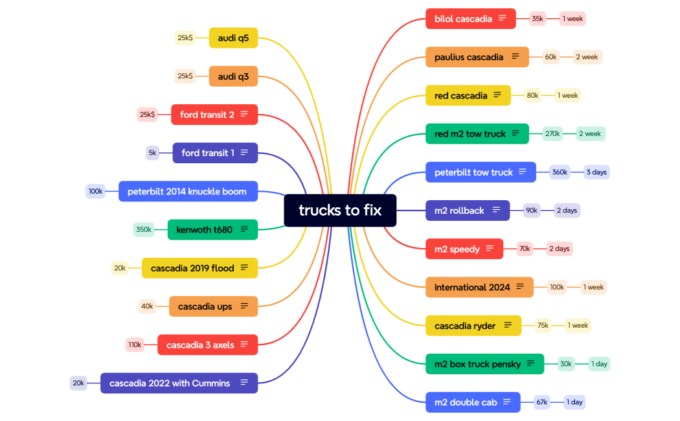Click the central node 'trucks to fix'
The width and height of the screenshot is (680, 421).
(x=340, y=210)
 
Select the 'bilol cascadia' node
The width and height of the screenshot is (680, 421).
(x=464, y=19)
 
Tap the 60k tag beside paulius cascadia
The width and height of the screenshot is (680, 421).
(x=550, y=57)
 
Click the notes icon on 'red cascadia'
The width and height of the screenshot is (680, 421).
(x=497, y=95)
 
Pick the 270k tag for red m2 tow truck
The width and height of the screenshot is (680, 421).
(x=552, y=134)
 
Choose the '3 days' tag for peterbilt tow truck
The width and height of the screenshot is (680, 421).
(x=596, y=172)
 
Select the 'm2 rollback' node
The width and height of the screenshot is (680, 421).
(x=460, y=210)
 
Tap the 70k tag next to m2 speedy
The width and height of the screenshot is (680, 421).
(x=525, y=249)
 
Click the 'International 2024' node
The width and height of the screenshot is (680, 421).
(x=472, y=287)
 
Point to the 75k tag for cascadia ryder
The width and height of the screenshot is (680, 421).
(x=543, y=326)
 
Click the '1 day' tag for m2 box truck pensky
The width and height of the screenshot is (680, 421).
(x=599, y=364)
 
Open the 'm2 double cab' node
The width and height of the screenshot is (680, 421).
(x=466, y=402)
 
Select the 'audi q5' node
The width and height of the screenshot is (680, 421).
(x=233, y=38)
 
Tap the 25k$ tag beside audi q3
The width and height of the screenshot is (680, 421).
(x=185, y=76)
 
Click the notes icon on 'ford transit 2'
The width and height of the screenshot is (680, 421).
(x=244, y=115)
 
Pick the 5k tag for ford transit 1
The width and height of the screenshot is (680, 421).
(x=153, y=153)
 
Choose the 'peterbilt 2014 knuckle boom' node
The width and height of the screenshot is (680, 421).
(x=187, y=192)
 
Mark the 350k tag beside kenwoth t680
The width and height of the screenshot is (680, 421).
(x=144, y=229)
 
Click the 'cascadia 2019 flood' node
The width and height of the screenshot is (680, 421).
(x=192, y=268)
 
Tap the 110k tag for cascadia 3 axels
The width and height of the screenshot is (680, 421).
(x=135, y=345)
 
